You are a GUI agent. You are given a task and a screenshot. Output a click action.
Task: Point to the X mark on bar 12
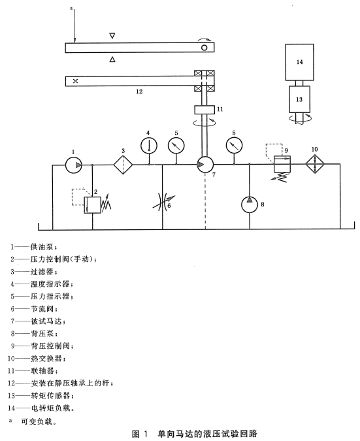[x=75, y=81]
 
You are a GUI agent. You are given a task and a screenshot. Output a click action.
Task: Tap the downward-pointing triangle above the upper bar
[x=112, y=36]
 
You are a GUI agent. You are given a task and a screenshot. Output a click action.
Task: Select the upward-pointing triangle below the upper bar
[x=112, y=59]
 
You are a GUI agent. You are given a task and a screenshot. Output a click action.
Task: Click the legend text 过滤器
[x=42, y=271]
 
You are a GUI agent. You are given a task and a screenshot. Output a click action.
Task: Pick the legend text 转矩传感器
[x=50, y=395]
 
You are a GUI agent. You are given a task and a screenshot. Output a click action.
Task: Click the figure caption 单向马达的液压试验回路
[x=208, y=433]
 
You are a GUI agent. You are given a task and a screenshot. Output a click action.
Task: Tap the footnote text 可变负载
[x=37, y=421]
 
